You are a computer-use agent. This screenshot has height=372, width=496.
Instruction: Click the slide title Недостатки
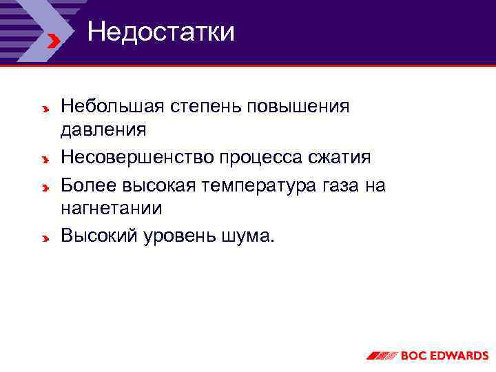161,32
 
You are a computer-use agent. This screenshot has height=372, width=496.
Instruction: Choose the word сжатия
341,158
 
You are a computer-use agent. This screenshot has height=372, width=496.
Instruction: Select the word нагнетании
112,208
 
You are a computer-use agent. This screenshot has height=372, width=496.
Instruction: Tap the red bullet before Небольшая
43,110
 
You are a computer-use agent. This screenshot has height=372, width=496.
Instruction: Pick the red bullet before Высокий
43,239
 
